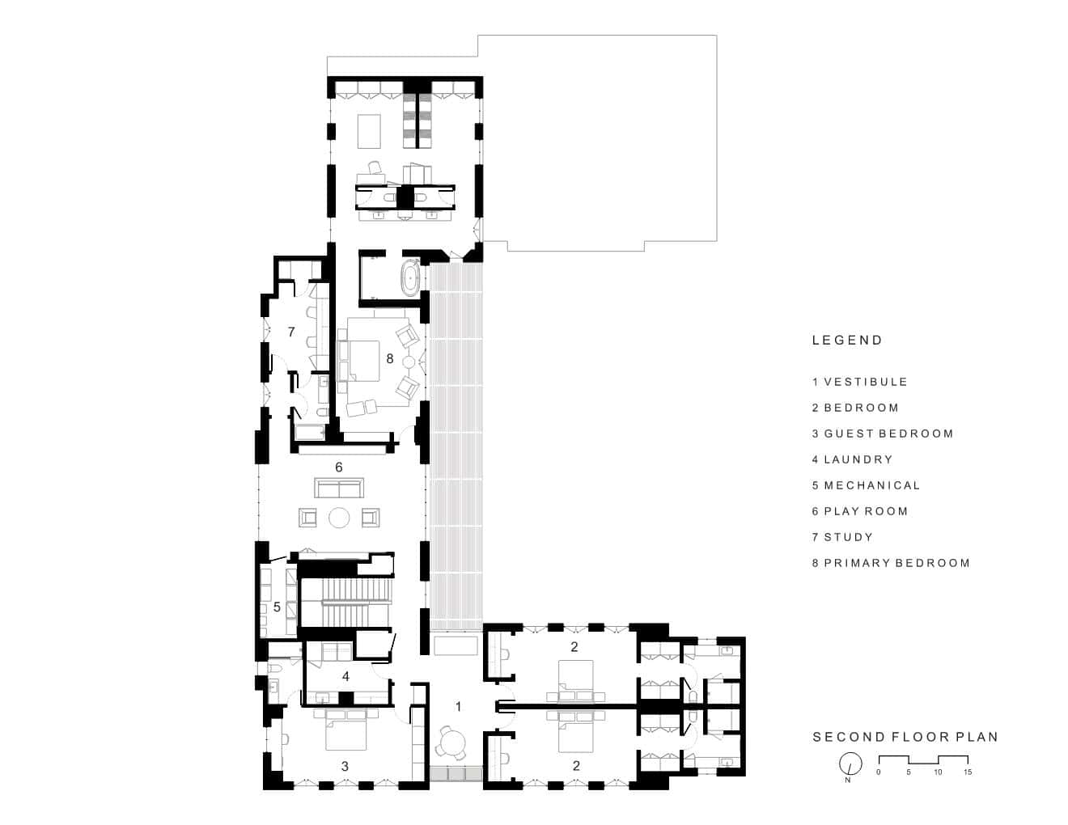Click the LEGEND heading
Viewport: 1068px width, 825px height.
(847, 340)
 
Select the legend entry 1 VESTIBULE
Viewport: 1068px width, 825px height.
(859, 382)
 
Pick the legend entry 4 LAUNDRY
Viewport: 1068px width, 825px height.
(852, 459)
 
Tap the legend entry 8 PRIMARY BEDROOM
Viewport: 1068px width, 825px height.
(891, 563)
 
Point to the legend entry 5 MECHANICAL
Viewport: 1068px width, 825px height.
(866, 485)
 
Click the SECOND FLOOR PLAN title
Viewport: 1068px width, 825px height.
(905, 737)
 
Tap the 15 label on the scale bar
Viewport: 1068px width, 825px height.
(967, 772)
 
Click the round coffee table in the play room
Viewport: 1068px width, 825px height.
(339, 518)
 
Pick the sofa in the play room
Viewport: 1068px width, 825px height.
(339, 488)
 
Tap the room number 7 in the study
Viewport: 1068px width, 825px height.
(291, 332)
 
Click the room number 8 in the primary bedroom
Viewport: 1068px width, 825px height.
(390, 358)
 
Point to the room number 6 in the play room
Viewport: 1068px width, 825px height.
(339, 467)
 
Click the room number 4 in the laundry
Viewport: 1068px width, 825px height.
(346, 677)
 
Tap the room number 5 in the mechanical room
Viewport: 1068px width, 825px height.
(277, 607)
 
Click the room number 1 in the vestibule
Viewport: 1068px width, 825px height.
(458, 707)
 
